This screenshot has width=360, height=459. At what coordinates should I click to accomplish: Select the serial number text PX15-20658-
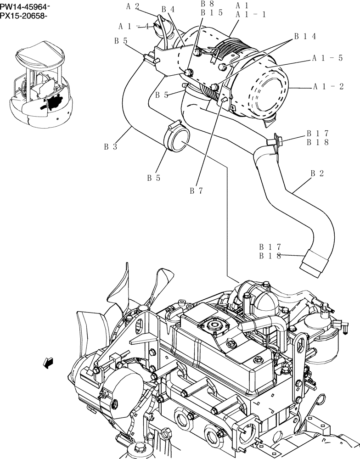click(x=25, y=16)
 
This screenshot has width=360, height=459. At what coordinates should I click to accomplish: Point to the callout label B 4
click(x=168, y=9)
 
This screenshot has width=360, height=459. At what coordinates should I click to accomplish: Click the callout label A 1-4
click(x=134, y=26)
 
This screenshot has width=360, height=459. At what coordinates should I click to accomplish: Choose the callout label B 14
click(x=305, y=36)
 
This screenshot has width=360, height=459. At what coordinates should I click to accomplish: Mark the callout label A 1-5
click(x=328, y=58)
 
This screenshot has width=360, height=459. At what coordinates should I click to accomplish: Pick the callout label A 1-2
click(x=328, y=86)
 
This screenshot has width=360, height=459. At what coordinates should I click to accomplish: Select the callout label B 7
click(x=196, y=190)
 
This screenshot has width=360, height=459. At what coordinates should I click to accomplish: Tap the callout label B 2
click(x=317, y=173)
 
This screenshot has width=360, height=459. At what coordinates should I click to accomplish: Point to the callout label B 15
click(x=212, y=12)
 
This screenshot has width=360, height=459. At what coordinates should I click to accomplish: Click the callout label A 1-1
click(x=250, y=14)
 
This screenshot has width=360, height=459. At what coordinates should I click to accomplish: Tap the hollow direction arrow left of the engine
click(x=47, y=363)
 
